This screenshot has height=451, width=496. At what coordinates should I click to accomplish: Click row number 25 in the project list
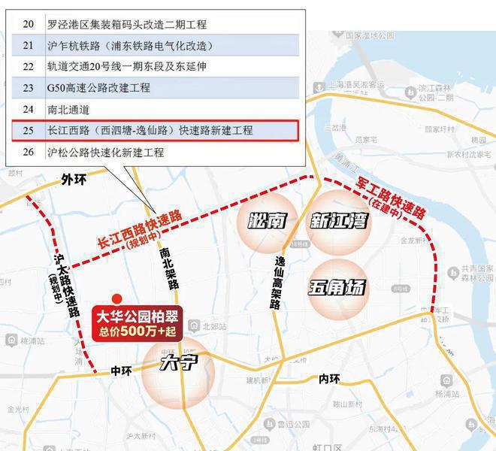[29, 131]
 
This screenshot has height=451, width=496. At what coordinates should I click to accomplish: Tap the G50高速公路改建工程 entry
[98, 88]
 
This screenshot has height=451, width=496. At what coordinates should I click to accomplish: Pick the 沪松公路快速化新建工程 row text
[105, 153]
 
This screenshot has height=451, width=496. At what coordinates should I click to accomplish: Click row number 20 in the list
[29, 24]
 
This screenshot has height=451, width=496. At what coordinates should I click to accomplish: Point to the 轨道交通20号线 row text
[126, 66]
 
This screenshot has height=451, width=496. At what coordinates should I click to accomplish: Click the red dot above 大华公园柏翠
[116, 298]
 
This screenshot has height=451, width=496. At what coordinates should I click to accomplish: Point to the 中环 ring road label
[120, 371]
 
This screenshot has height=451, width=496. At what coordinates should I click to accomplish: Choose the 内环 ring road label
[329, 378]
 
